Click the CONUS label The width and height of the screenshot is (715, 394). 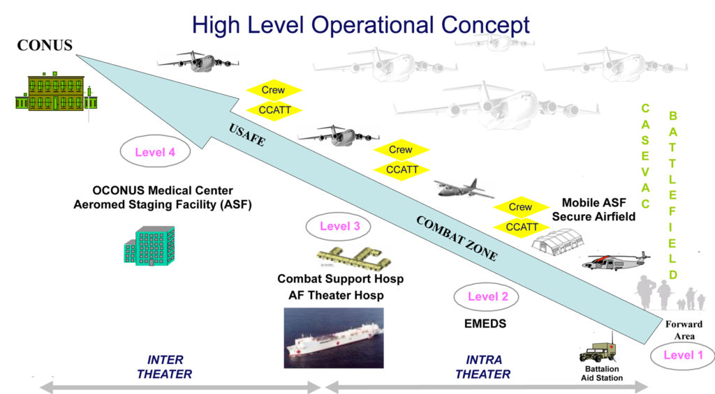(x=45, y=45)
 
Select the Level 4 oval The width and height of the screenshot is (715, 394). (x=155, y=152)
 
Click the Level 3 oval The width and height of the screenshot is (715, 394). (x=338, y=227)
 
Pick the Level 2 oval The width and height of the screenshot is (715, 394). (x=487, y=297)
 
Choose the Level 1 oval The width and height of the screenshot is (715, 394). (x=683, y=356)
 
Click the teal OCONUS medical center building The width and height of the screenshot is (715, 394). (x=149, y=246)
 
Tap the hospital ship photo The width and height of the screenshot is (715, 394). (x=334, y=338)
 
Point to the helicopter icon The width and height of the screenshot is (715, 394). (x=616, y=261)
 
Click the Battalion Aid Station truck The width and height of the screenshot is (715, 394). (x=598, y=350)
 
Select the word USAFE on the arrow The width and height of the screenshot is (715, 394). (x=246, y=135)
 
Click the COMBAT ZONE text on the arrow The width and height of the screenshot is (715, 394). (x=457, y=238)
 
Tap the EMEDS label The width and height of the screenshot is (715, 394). (x=485, y=324)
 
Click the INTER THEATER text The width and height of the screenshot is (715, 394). (x=165, y=367)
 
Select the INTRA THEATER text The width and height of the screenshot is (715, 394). (x=483, y=367)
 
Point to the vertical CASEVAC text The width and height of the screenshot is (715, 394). (x=645, y=156)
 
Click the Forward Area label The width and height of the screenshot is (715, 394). (x=684, y=331)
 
